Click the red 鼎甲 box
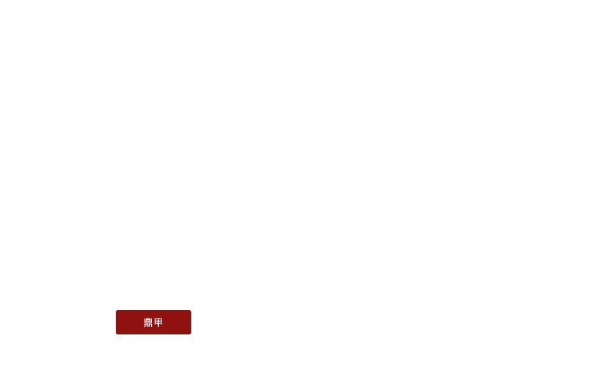tap(153, 323)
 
